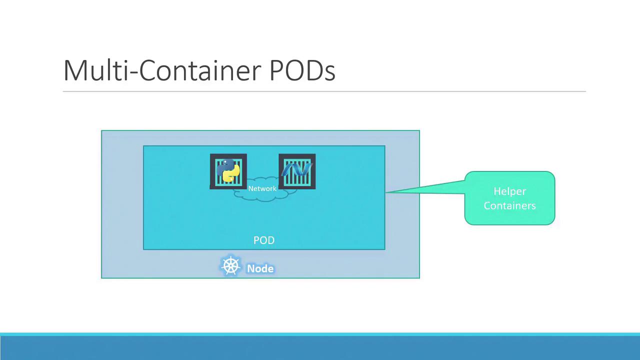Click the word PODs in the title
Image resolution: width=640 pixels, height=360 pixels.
coord(302,70)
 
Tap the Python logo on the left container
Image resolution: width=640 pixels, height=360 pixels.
coord(228,170)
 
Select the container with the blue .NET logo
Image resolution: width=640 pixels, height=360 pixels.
coord(297,171)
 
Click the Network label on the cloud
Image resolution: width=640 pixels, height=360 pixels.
coord(262,188)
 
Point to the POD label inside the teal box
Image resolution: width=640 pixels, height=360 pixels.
coord(264,240)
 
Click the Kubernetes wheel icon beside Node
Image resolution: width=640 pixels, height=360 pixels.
coord(230,265)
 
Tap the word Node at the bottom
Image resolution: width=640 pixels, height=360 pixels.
coord(260,268)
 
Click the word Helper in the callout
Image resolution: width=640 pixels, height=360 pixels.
coord(509,191)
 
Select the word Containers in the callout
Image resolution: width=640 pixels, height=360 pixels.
coord(509,205)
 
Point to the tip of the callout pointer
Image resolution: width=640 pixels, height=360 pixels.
coord(386,192)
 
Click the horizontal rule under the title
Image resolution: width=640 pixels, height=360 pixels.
coord(324,91)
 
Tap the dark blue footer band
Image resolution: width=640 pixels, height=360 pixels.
coord(320,348)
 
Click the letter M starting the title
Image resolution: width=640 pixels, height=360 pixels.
coord(73,70)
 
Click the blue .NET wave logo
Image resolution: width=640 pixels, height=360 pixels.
coord(297,169)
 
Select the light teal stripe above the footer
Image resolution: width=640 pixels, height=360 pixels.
coord(320,334)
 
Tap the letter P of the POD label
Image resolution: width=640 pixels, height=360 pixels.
coord(256,240)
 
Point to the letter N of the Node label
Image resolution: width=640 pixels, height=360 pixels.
coord(251,268)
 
